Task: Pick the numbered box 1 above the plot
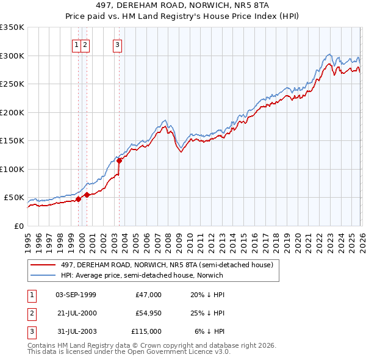[x=77, y=44]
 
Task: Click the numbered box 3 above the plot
[x=117, y=44]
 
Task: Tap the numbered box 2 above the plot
[x=85, y=44]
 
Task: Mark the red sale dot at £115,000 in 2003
[x=120, y=161]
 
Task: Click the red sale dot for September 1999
[x=78, y=199]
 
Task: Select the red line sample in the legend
[x=44, y=265]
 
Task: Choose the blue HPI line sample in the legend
[x=44, y=275]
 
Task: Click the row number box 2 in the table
[x=30, y=313]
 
